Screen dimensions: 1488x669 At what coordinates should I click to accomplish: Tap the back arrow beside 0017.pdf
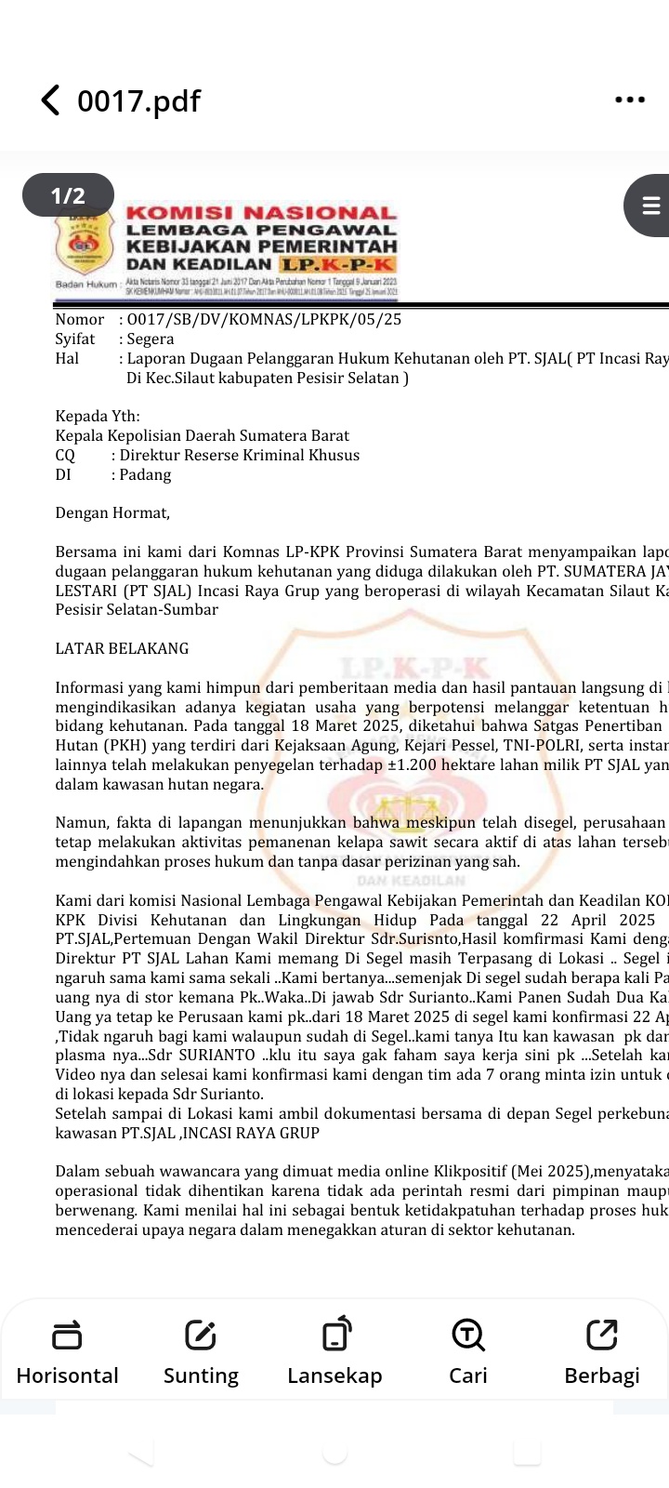[50, 100]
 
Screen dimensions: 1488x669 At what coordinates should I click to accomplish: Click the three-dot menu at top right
[630, 100]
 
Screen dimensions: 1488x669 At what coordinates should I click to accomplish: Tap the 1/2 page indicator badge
[68, 195]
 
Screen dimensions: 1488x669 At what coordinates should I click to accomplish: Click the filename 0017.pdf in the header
[138, 101]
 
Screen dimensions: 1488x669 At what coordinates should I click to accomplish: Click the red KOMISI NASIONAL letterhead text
[261, 213]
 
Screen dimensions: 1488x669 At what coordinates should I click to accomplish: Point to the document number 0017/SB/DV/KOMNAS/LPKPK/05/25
[264, 319]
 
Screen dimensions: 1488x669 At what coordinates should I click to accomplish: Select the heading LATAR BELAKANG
[122, 648]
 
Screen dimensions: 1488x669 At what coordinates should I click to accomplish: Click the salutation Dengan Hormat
[112, 512]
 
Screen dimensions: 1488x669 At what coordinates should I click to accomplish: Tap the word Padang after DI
[146, 474]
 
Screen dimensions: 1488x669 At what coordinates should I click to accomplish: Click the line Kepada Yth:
[98, 416]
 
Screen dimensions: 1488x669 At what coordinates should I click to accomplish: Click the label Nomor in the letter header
[80, 319]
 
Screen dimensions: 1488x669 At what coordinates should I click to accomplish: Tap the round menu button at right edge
[649, 205]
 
